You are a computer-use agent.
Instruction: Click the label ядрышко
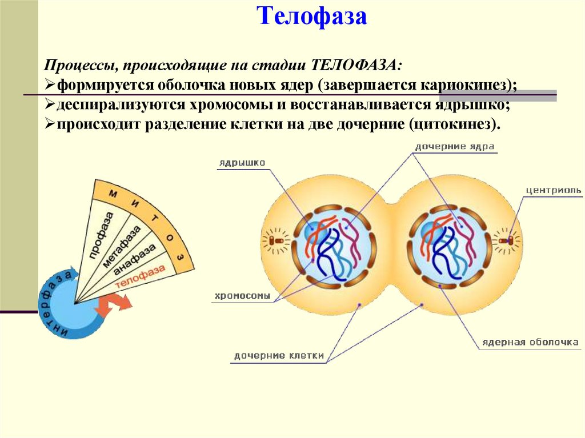point(242,163)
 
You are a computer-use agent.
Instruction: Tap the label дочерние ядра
point(455,147)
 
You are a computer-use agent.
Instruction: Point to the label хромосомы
point(242,296)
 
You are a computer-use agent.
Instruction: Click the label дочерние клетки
point(279,356)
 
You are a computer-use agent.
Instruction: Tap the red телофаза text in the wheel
point(140,277)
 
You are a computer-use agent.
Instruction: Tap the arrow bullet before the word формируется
point(49,86)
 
